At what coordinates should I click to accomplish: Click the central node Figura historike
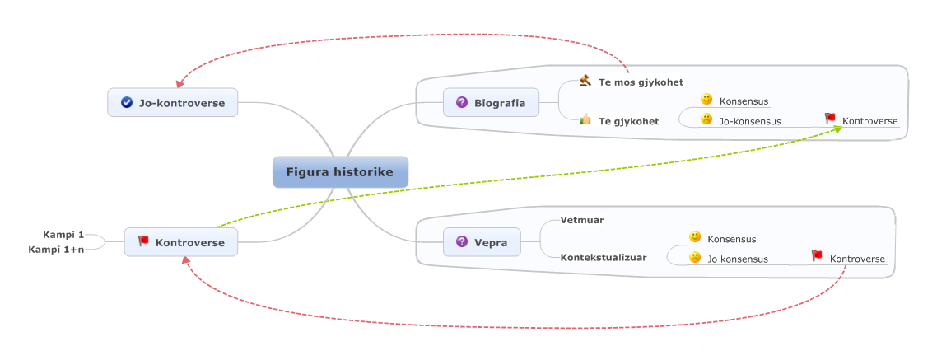pyautogui.click(x=339, y=172)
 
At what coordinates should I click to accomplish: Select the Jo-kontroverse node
pyautogui.click(x=173, y=103)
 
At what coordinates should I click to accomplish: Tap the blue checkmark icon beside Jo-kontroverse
pyautogui.click(x=127, y=103)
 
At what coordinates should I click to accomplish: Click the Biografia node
pyautogui.click(x=491, y=103)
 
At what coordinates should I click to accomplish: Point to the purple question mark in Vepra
pyautogui.click(x=462, y=242)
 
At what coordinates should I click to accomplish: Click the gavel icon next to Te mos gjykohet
pyautogui.click(x=585, y=81)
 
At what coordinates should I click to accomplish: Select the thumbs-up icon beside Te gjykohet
pyautogui.click(x=585, y=120)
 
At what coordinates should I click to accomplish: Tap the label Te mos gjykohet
pyautogui.click(x=641, y=82)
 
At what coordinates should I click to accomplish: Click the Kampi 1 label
pyautogui.click(x=63, y=235)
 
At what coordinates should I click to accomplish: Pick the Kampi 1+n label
pyautogui.click(x=56, y=249)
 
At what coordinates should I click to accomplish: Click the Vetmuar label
pyautogui.click(x=582, y=221)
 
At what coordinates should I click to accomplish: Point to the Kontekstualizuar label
pyautogui.click(x=604, y=257)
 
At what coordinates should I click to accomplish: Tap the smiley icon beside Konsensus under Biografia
pyautogui.click(x=706, y=100)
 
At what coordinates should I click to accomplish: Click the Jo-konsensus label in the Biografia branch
pyautogui.click(x=750, y=121)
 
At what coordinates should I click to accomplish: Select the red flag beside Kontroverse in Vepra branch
pyautogui.click(x=817, y=256)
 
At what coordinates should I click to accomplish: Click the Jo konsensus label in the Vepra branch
pyautogui.click(x=738, y=259)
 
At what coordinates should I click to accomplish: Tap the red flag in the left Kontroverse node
pyautogui.click(x=143, y=241)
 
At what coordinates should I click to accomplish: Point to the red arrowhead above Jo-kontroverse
pyautogui.click(x=179, y=83)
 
